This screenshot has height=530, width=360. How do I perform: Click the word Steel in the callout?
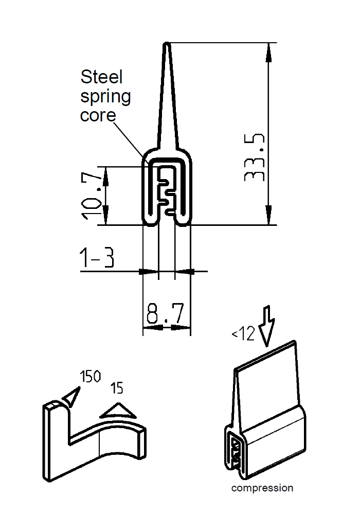(102, 77)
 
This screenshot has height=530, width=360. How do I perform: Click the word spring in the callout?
(105, 97)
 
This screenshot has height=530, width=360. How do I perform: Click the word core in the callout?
(98, 115)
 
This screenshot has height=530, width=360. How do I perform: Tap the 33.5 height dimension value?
(255, 157)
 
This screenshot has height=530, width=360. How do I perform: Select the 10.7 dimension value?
(92, 196)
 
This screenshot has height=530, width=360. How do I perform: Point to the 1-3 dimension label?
(97, 259)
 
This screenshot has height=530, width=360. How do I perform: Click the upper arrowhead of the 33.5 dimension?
(268, 51)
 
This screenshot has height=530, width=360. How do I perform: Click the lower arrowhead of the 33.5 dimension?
(268, 216)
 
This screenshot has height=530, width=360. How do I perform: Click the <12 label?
(243, 334)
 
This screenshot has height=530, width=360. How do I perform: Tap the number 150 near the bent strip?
(90, 377)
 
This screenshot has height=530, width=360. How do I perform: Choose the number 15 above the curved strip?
(117, 387)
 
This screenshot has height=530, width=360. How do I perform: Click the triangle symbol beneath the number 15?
(118, 410)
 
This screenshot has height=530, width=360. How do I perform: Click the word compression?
(262, 488)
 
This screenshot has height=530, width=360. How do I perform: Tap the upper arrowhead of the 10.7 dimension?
(106, 175)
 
